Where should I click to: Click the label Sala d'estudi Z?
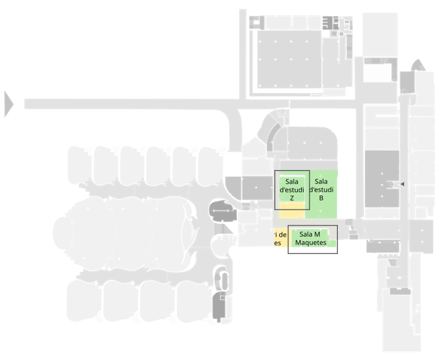pos(291,189)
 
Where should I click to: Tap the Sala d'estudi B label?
pos(321,189)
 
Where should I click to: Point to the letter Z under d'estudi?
pos(291,198)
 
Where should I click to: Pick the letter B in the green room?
pos(321,198)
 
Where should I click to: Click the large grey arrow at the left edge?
pos(8,104)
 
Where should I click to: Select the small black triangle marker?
pos(402,183)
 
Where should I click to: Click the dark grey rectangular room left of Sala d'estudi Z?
pos(257,188)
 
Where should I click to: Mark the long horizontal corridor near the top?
pos(132,104)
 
